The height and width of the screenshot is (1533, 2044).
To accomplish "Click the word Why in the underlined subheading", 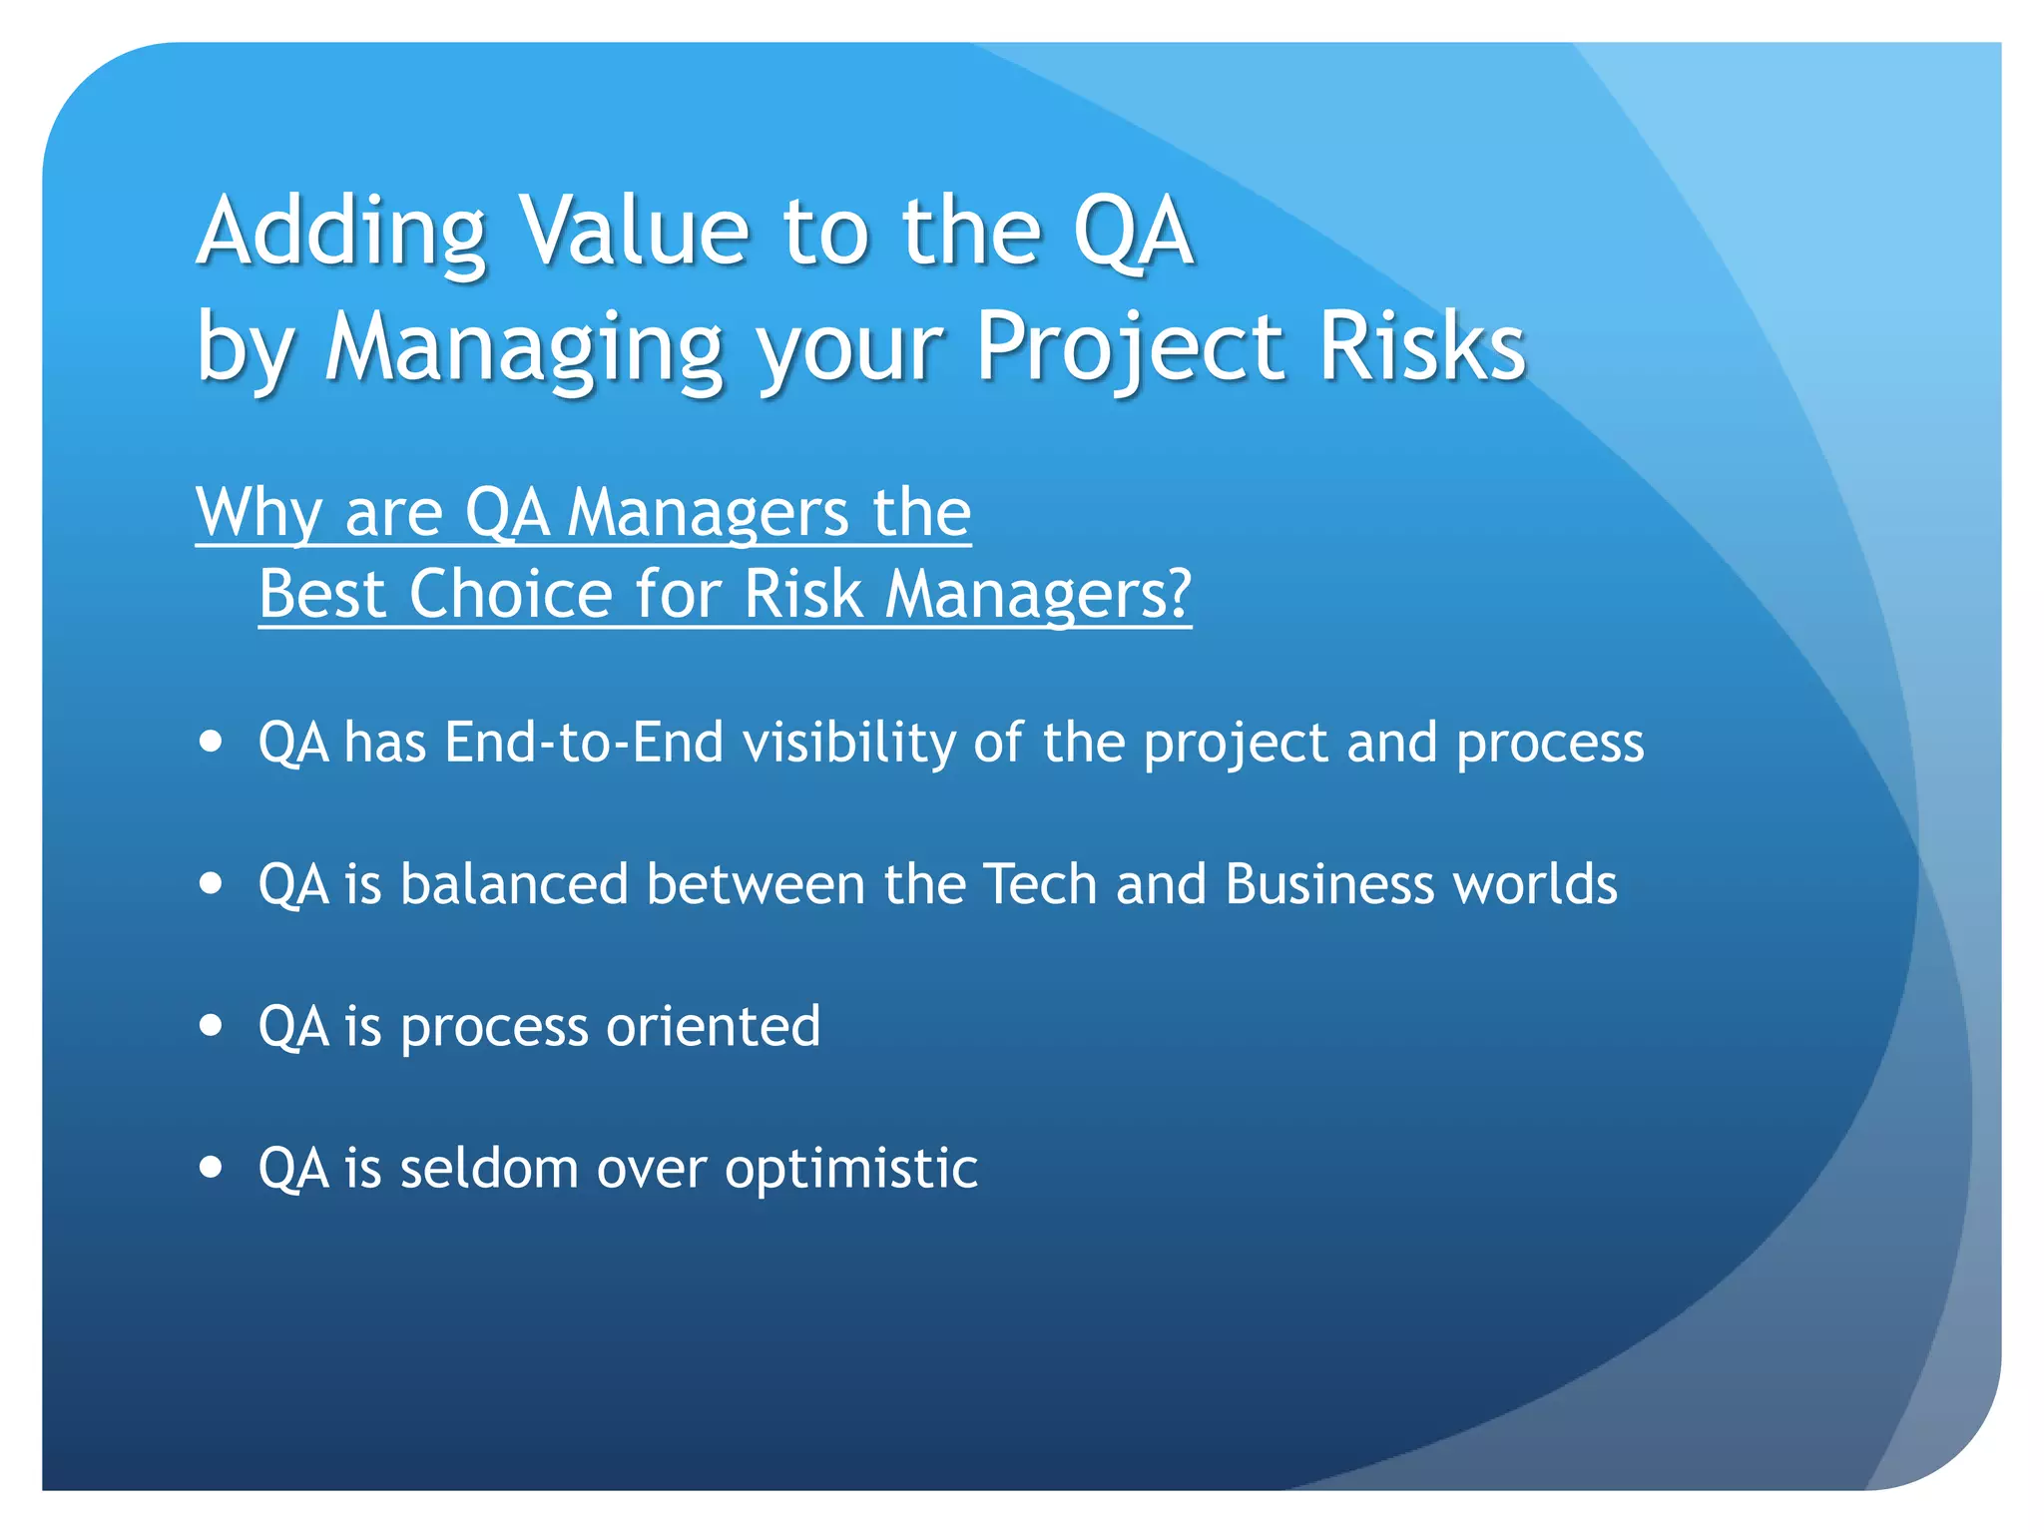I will (258, 513).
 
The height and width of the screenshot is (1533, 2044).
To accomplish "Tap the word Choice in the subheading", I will (510, 595).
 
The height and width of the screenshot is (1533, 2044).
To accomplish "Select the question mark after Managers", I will (1179, 595).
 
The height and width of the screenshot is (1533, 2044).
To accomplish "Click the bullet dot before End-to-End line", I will (211, 743).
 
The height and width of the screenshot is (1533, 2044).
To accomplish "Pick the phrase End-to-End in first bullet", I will (584, 743).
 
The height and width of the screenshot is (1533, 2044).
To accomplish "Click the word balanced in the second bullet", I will (514, 884).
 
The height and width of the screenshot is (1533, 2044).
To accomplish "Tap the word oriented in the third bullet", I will (713, 1026).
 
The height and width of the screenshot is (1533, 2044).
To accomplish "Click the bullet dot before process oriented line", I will (211, 1025).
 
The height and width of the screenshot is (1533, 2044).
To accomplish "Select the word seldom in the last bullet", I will (489, 1168).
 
